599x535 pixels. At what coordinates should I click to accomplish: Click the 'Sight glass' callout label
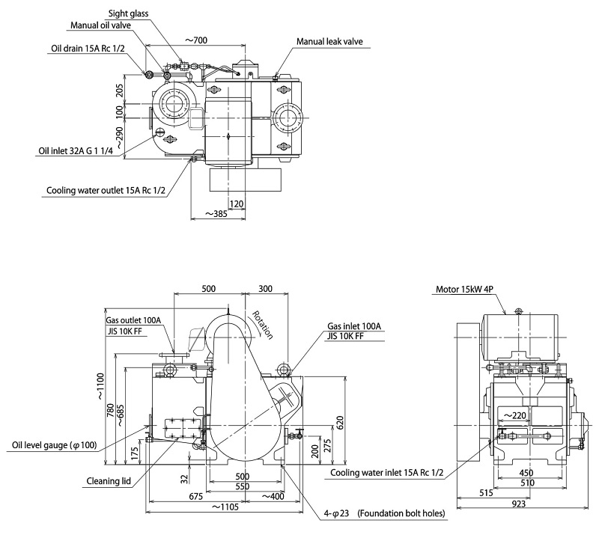[x=127, y=13]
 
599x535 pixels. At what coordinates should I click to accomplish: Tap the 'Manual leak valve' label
[x=329, y=42]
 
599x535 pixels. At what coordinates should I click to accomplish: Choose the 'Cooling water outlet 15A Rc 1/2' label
[x=109, y=190]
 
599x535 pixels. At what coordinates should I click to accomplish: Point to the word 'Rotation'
[x=262, y=325]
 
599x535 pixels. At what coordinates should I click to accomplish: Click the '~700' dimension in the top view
[x=195, y=40]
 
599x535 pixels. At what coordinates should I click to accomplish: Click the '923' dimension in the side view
[x=518, y=505]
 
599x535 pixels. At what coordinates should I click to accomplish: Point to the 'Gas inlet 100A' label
[x=354, y=327]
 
